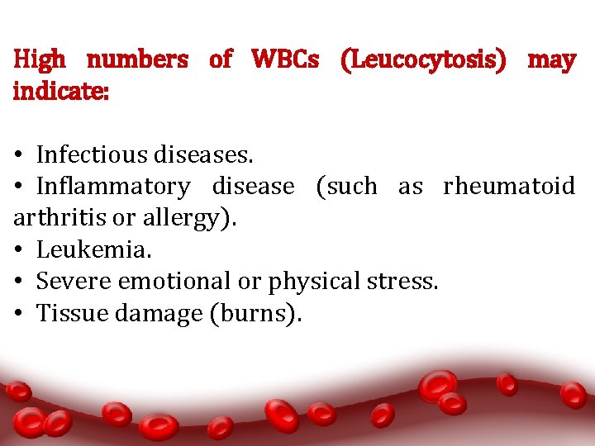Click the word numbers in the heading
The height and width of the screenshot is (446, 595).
(x=137, y=59)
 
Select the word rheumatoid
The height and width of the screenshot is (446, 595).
(x=509, y=187)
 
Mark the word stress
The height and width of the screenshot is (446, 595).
(x=408, y=282)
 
